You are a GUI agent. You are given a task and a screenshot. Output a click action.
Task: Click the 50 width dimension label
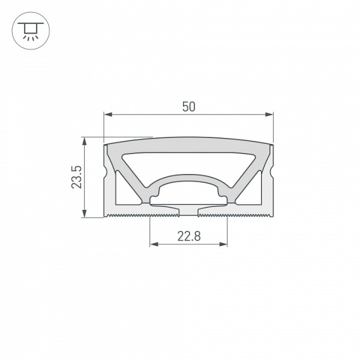tap(188, 107)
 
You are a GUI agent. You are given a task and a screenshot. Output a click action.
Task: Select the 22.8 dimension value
tap(188, 236)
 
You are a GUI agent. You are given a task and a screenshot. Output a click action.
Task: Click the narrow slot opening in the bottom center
tap(188, 211)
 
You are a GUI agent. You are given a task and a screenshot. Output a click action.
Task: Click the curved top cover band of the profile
tap(188, 143)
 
